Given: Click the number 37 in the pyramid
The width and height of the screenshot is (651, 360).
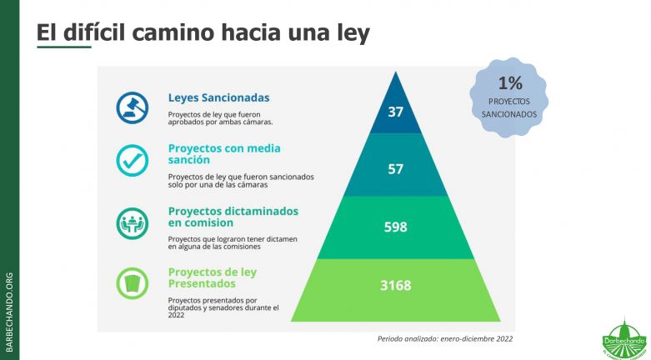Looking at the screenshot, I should pyautogui.click(x=395, y=111).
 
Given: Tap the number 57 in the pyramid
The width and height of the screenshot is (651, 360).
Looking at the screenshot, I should pyautogui.click(x=395, y=169).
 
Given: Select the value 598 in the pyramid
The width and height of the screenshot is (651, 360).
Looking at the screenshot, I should pyautogui.click(x=395, y=227).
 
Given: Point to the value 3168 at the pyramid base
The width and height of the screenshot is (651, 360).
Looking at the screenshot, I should pyautogui.click(x=395, y=285).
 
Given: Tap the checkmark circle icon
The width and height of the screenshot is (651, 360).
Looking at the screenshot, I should pyautogui.click(x=132, y=160).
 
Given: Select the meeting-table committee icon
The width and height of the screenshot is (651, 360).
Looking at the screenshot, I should pyautogui.click(x=132, y=222).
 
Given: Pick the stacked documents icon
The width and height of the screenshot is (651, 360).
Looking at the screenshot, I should pyautogui.click(x=132, y=281).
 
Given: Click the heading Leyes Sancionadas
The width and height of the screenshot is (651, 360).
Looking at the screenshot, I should pyautogui.click(x=218, y=97).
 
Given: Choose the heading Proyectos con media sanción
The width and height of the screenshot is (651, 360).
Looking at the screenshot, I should pyautogui.click(x=223, y=153).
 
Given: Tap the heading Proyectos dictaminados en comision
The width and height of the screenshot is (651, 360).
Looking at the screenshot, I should pyautogui.click(x=233, y=217).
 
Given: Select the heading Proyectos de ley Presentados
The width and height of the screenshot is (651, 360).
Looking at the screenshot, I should pyautogui.click(x=212, y=277).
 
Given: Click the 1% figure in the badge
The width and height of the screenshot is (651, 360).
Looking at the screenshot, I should pyautogui.click(x=509, y=82).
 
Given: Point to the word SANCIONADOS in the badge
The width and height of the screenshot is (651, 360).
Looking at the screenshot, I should pyautogui.click(x=509, y=114).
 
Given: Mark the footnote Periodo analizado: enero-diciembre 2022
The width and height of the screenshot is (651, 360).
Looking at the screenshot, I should pyautogui.click(x=445, y=338).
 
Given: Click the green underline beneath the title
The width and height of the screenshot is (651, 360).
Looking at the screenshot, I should pyautogui.click(x=63, y=47).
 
